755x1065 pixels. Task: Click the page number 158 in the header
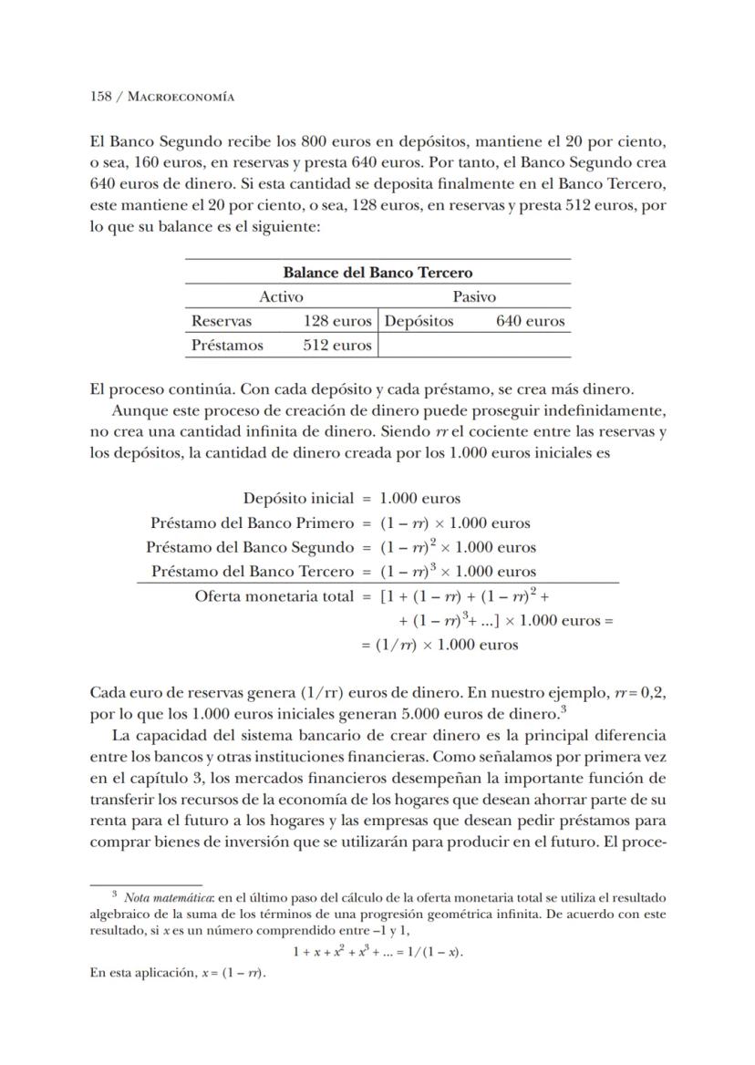pyautogui.click(x=99, y=96)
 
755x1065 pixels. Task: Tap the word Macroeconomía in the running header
pyautogui.click(x=180, y=96)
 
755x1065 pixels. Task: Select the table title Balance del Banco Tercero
pyautogui.click(x=377, y=273)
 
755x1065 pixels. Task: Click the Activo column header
pyautogui.click(x=281, y=296)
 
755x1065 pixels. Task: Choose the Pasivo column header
pyautogui.click(x=474, y=296)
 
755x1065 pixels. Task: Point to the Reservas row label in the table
pyautogui.click(x=222, y=321)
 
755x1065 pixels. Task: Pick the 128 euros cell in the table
pyautogui.click(x=337, y=321)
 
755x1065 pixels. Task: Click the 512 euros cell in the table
pyautogui.click(x=337, y=346)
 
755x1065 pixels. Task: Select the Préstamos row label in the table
pyautogui.click(x=227, y=346)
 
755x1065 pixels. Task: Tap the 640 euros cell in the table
pyautogui.click(x=530, y=321)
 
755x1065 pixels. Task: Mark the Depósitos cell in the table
pyautogui.click(x=419, y=321)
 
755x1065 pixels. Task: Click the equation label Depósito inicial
pyautogui.click(x=297, y=498)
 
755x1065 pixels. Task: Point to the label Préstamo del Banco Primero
pyautogui.click(x=251, y=522)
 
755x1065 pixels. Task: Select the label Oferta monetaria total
pyautogui.click(x=274, y=596)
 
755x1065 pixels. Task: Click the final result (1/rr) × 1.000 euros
pyautogui.click(x=449, y=645)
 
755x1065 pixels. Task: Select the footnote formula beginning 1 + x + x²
pyautogui.click(x=377, y=951)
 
